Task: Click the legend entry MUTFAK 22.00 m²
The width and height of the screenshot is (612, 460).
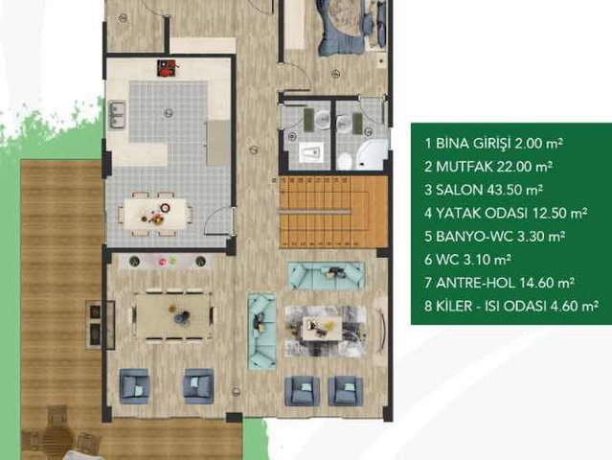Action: point(488,167)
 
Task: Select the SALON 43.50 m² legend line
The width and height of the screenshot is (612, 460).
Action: point(484,190)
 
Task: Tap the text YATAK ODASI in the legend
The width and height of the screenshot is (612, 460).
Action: point(482,213)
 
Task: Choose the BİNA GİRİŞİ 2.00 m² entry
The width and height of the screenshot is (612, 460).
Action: point(494,144)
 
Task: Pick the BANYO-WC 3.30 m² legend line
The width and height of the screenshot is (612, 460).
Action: point(495,237)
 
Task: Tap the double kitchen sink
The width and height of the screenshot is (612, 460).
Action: point(117,114)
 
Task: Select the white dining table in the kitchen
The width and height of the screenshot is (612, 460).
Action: point(155,214)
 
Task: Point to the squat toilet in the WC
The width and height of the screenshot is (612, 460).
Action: point(311,151)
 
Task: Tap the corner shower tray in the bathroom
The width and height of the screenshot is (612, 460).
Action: point(371,154)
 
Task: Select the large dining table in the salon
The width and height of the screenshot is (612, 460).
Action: point(173,314)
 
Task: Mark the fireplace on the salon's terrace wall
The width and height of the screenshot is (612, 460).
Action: point(100,325)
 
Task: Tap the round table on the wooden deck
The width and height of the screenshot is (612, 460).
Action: point(57,433)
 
